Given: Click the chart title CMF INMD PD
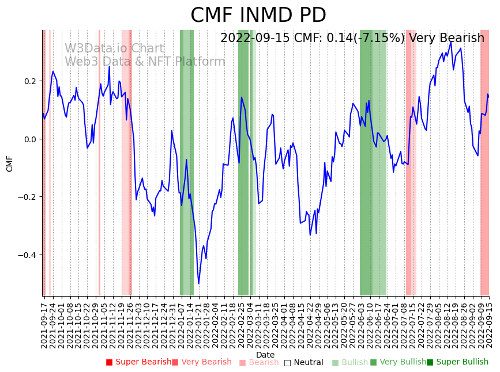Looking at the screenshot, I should click(258, 16).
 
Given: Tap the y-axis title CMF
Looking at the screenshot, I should click(9, 164).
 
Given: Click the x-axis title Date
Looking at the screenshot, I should click(265, 355).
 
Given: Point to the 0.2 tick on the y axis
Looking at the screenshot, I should click(29, 81).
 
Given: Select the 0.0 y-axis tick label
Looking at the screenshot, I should click(29, 139).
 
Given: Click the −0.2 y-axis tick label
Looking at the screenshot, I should click(27, 197).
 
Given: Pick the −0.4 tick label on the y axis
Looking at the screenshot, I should click(27, 255).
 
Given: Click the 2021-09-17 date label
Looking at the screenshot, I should click(44, 323).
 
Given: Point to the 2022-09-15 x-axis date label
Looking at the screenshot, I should click(490, 323).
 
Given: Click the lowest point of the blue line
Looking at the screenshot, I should click(199, 283).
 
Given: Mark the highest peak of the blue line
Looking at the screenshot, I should click(451, 42).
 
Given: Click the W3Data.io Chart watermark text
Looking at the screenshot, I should click(114, 48).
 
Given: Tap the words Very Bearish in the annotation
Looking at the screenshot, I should click(446, 38).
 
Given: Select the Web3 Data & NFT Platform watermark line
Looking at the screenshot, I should click(145, 62).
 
